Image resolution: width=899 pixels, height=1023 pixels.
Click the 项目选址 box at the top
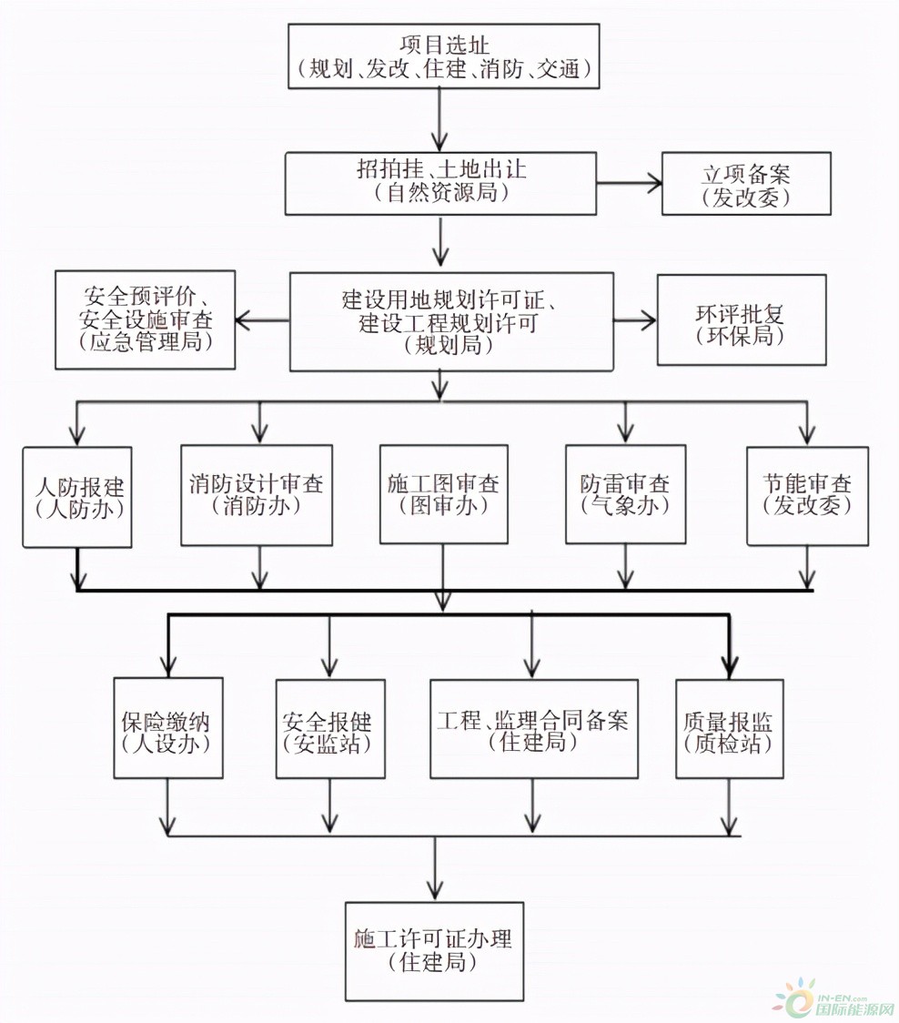(444, 56)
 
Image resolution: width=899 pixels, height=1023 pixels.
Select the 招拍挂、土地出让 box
(441, 183)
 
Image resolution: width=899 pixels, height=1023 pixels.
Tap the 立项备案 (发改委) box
(746, 183)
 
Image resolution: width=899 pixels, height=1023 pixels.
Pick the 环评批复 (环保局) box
(742, 319)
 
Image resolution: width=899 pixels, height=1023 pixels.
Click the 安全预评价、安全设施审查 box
(145, 319)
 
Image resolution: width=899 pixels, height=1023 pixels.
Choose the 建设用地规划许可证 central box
(451, 321)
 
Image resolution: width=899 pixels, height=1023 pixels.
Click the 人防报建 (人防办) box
(77, 497)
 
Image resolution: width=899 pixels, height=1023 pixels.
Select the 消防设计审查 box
(257, 495)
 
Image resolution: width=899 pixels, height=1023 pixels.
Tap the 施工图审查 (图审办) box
(444, 494)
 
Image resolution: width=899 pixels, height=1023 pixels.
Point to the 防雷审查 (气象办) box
(626, 494)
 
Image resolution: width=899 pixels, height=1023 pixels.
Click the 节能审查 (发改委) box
(808, 496)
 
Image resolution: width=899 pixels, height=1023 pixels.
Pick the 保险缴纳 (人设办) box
(168, 727)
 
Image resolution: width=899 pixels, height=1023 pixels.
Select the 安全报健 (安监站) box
(330, 729)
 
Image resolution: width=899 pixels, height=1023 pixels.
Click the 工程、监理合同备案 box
(533, 729)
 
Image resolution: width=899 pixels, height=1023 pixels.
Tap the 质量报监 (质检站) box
(730, 729)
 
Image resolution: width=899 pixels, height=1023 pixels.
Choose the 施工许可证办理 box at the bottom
(435, 951)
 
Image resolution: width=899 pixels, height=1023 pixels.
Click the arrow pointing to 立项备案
(630, 183)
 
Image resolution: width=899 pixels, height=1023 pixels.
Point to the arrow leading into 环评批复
(635, 320)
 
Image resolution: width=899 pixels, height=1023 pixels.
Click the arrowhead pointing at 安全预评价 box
(243, 320)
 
